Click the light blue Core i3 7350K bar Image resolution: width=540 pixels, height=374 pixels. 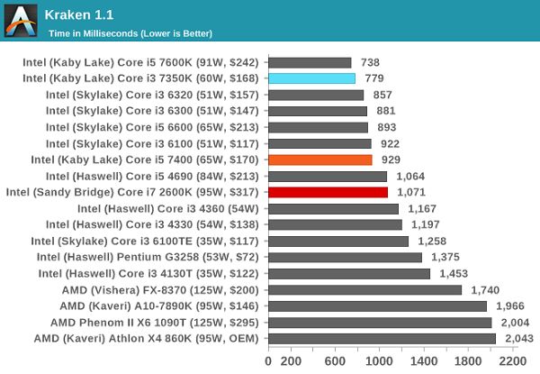click(x=311, y=79)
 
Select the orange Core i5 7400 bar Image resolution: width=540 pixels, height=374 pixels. click(x=320, y=160)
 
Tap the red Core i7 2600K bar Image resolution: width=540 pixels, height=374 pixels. click(x=328, y=192)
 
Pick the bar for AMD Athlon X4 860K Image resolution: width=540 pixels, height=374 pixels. click(x=382, y=338)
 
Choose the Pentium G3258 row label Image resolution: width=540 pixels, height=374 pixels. click(x=148, y=257)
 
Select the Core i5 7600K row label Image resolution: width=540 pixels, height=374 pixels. click(x=142, y=63)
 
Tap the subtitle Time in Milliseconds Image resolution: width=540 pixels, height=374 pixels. click(x=129, y=34)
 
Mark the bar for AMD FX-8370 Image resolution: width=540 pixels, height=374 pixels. click(x=364, y=289)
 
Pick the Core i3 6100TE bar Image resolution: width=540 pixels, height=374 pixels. click(x=338, y=241)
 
